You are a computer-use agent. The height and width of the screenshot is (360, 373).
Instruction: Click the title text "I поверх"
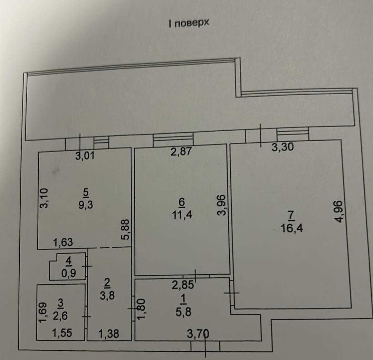189,23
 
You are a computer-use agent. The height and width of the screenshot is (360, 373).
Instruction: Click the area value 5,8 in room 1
183,312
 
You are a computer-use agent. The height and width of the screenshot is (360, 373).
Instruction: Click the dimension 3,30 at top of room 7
283,148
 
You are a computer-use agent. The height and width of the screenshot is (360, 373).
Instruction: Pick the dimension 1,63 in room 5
63,243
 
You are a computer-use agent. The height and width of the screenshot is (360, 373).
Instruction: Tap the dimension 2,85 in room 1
184,285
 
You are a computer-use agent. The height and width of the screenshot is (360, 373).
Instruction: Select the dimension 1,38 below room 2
108,333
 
